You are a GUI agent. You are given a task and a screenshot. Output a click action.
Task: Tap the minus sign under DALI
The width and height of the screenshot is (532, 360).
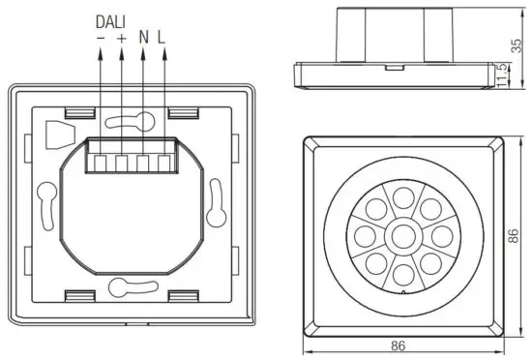(102, 38)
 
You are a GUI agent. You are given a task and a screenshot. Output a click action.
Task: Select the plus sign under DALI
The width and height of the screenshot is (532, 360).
(122, 38)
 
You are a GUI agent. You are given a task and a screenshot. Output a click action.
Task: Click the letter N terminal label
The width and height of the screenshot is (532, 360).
(143, 38)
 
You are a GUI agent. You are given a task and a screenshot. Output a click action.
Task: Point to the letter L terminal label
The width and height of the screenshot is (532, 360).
(162, 38)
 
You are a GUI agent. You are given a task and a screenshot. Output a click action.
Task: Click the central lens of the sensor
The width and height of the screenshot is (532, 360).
(401, 235)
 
